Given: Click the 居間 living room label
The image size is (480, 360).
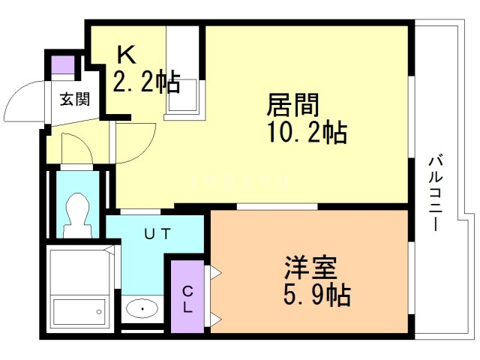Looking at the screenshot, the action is tap(293, 105).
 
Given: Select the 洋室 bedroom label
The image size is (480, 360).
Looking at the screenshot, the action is tap(310, 267).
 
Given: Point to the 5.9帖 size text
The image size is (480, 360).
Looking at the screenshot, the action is tap(317, 295).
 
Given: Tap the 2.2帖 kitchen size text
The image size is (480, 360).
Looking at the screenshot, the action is tap(146, 82).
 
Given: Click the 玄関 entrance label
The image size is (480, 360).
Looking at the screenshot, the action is tap(75, 99).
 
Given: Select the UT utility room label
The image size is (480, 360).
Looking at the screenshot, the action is tap(157, 234).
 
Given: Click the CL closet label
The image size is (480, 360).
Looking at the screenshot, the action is tap(187, 299).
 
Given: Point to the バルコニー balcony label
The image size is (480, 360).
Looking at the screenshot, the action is tap(435, 193).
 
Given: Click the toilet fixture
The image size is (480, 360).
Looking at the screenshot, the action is tap(78, 215).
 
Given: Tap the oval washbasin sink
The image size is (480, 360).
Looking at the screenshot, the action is tap(142, 308).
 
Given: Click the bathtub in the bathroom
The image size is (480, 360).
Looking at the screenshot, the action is tap(79, 312).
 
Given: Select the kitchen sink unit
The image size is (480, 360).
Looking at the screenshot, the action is tap(182, 97).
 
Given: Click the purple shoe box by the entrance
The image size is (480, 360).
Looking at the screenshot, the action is tap(63, 64).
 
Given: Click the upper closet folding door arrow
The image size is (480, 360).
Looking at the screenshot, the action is tap(215, 272).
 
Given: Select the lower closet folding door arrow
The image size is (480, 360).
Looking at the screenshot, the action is tap(215, 319).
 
